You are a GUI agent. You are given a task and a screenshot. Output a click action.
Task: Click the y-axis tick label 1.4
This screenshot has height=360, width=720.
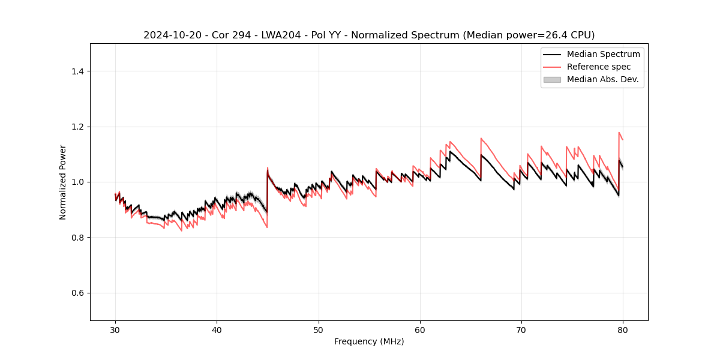pyautogui.click(x=77, y=71)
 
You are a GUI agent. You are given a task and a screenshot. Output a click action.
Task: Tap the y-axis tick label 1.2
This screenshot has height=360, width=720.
pyautogui.click(x=77, y=127)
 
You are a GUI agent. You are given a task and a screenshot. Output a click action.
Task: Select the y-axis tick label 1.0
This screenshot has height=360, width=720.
pyautogui.click(x=77, y=182)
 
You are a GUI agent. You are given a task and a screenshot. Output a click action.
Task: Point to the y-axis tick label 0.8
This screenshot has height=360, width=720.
pyautogui.click(x=77, y=238)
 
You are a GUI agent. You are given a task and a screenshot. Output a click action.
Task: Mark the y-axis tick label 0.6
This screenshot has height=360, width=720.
pyautogui.click(x=77, y=293)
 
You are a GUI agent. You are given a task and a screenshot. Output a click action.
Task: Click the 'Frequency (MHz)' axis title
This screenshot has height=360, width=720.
pyautogui.click(x=369, y=341)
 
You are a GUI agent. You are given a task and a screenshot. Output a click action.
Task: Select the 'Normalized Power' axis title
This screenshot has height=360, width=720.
pyautogui.click(x=63, y=182)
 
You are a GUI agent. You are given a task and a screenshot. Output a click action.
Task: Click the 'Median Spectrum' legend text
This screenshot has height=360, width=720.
pyautogui.click(x=603, y=54)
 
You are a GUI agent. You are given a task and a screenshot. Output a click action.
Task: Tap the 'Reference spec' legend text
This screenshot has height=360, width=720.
pyautogui.click(x=598, y=67)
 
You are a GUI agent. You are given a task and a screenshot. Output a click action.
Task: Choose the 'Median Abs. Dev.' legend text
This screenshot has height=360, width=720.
pyautogui.click(x=602, y=79)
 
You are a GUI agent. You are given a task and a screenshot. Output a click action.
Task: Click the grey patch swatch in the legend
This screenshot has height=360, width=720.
pyautogui.click(x=552, y=79)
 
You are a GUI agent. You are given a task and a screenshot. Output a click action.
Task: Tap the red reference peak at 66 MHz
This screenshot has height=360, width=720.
pyautogui.click(x=481, y=139)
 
